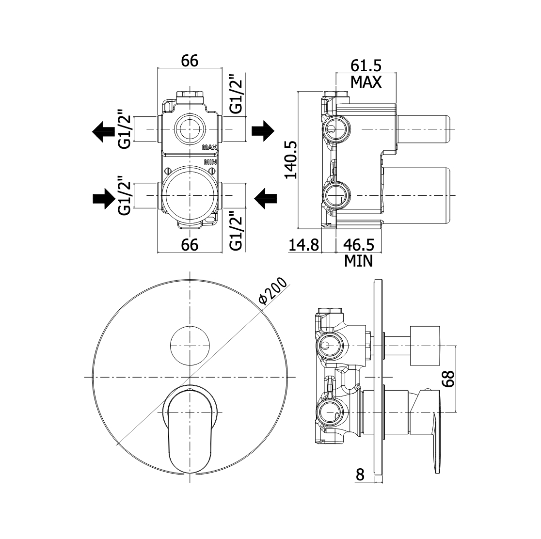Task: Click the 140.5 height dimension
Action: pos(291,159)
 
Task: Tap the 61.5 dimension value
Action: pos(366,65)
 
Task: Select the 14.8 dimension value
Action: pos(303,245)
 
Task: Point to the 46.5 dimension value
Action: pos(359,245)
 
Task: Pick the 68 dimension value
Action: pos(448,379)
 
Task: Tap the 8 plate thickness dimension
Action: pos(360,475)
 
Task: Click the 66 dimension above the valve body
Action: pos(190,61)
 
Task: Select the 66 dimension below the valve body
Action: pos(190,245)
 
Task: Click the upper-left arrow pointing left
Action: pos(104,131)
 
